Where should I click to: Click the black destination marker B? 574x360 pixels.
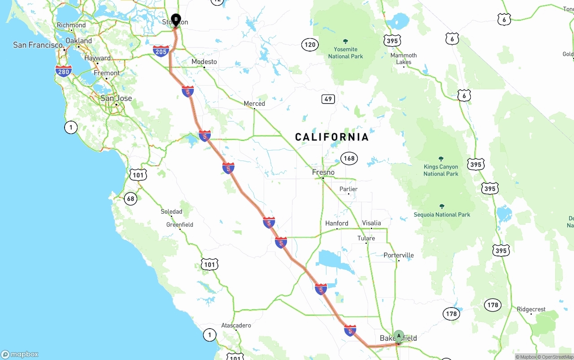click(x=176, y=20)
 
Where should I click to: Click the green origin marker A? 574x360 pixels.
click(x=399, y=336)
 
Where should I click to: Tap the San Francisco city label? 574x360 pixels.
click(x=38, y=45)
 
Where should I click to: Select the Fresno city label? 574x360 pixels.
click(x=323, y=172)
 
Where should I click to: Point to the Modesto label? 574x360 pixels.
click(x=204, y=62)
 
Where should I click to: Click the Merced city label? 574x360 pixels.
click(x=254, y=104)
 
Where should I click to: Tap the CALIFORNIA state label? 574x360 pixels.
click(x=332, y=137)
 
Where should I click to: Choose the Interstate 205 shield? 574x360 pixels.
click(x=161, y=50)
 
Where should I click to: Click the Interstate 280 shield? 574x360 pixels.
click(x=64, y=70)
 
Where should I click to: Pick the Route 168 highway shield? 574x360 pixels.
click(x=349, y=158)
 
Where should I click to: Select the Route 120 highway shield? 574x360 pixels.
click(x=310, y=44)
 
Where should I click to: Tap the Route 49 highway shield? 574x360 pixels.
click(x=328, y=99)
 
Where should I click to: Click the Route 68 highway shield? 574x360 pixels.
click(x=130, y=199)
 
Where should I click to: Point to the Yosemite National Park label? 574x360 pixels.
click(x=346, y=52)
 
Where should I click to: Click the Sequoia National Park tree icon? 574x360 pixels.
click(x=442, y=206)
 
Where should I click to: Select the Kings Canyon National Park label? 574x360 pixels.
click(x=441, y=170)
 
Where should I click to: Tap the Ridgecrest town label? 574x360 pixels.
click(x=531, y=309)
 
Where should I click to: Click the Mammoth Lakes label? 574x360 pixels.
click(x=404, y=59)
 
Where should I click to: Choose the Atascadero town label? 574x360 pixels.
click(x=236, y=325)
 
